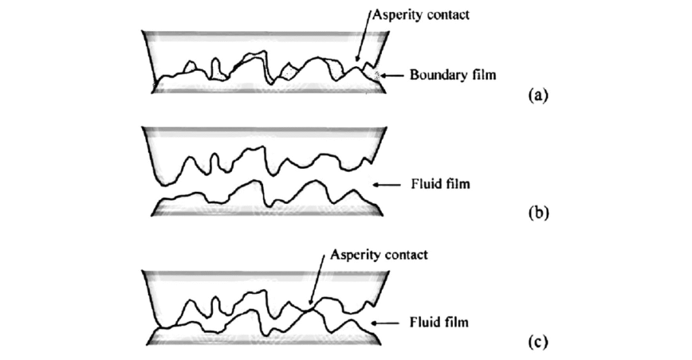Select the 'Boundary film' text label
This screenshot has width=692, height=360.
[x=453, y=74]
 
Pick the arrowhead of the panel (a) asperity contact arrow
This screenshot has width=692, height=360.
[x=357, y=61]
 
